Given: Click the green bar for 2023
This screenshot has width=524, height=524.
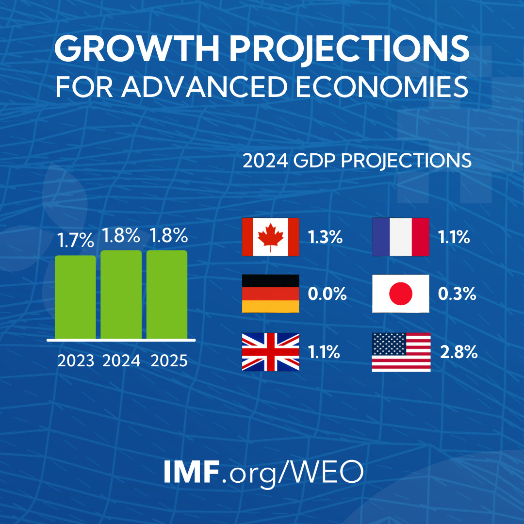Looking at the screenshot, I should pos(75,296).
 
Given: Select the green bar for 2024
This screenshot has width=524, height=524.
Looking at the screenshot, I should pos(121,294).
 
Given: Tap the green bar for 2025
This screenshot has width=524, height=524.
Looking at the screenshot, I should pos(167,294).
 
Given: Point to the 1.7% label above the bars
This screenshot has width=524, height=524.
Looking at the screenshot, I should pos(75,240).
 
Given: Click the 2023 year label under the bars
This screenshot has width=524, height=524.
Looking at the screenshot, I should pos(76,361).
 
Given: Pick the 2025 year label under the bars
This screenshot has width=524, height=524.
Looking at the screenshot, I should pos(169,361).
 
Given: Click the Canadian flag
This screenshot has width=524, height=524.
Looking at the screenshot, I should pos(270,237).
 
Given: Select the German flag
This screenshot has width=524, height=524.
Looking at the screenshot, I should pos(270,294).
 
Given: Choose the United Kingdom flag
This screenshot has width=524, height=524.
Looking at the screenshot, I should pos(270,352).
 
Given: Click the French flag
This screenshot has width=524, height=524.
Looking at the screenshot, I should pos(400,237).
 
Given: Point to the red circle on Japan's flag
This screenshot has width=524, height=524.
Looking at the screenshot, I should pos(400,294).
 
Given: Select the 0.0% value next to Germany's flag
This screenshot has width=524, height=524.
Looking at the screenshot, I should pos(327,294).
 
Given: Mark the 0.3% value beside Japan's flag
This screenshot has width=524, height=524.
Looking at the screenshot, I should pos(457,294).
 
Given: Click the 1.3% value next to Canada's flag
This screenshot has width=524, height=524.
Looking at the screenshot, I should pos(326,238).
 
